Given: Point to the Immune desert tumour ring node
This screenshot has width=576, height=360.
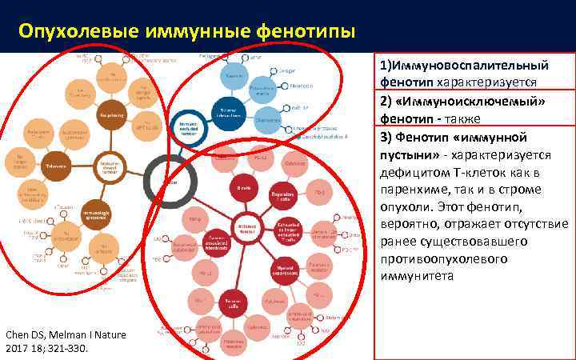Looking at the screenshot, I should coord(110,166).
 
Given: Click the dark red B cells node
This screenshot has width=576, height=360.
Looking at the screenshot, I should coord(240,188).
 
